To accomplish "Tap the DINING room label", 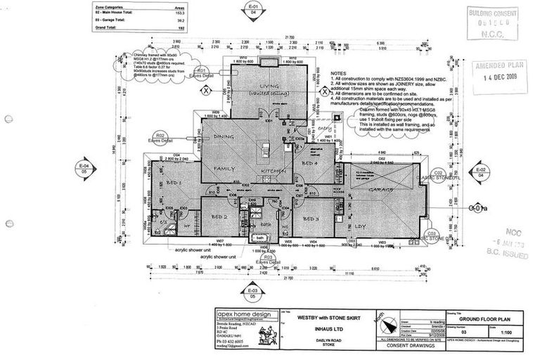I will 224,136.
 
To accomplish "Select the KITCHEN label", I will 272,171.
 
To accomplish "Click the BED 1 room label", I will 174,184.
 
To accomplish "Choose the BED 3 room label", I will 312,219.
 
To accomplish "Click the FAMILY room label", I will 225,169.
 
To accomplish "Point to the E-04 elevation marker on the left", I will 84,167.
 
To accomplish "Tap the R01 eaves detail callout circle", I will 201,71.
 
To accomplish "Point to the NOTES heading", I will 339,72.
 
